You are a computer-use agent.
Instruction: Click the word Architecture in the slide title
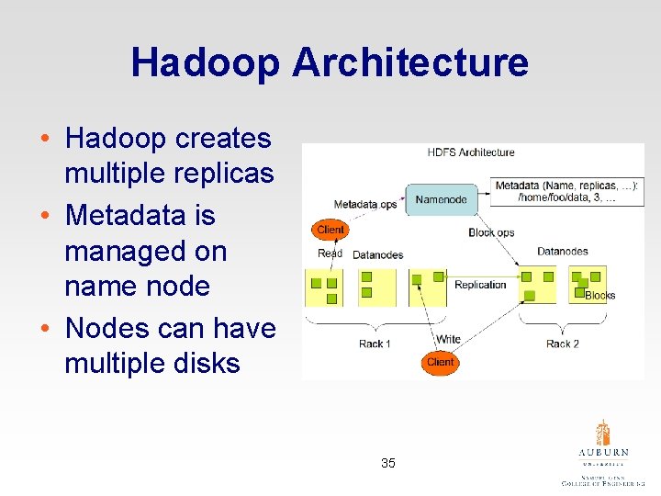click(409, 62)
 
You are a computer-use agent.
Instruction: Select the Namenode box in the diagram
click(441, 199)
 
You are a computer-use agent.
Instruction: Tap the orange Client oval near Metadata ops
click(330, 230)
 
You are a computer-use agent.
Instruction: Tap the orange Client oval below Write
click(441, 362)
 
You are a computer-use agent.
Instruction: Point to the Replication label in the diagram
click(480, 285)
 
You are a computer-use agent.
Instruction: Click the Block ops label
click(491, 232)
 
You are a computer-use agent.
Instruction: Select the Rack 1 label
click(375, 344)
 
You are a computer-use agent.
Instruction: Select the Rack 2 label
click(562, 344)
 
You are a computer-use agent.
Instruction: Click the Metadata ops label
click(364, 204)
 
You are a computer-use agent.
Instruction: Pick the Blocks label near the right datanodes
click(600, 296)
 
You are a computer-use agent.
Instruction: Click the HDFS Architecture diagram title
click(471, 152)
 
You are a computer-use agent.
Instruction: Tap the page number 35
click(388, 463)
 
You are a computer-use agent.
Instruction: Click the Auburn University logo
click(603, 450)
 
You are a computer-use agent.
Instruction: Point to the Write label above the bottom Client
click(448, 339)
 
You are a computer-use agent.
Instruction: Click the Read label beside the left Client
click(330, 254)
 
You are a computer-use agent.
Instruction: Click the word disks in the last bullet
click(200, 363)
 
